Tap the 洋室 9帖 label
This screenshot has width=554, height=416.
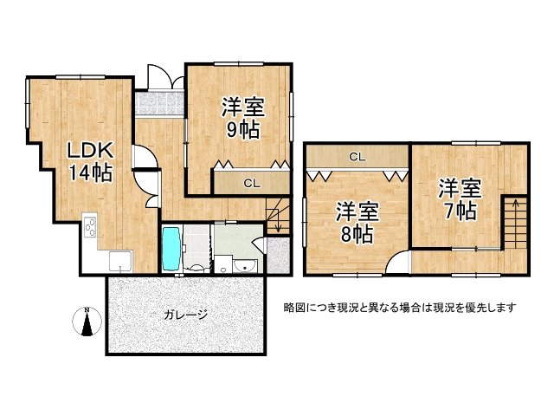tap(242, 119)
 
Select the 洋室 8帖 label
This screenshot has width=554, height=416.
tap(356, 222)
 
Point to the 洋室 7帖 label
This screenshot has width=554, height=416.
tap(457, 198)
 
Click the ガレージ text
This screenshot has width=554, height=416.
tap(184, 315)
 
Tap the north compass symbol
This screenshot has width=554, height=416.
tap(87, 322)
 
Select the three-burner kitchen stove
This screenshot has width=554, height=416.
tap(90, 229)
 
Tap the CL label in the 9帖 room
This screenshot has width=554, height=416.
tap(250, 183)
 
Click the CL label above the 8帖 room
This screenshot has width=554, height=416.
tap(356, 157)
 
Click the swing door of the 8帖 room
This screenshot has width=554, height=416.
tap(397, 262)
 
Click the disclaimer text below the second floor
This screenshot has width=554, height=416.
tap(400, 308)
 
